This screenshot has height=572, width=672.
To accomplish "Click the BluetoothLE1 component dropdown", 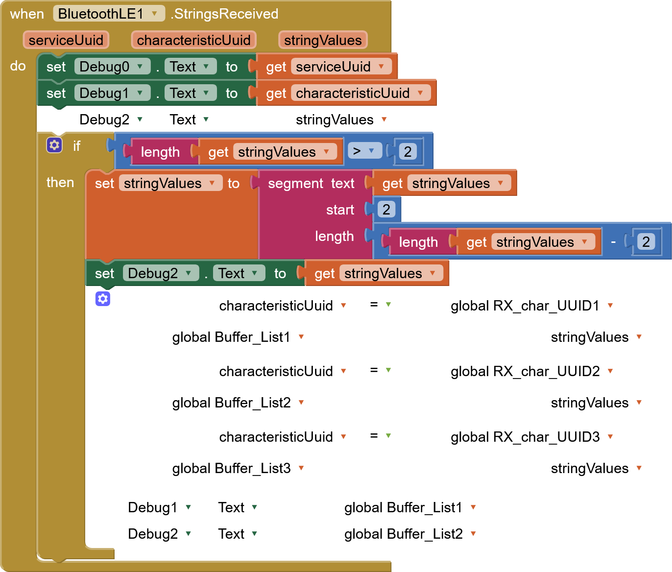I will pyautogui.click(x=108, y=14).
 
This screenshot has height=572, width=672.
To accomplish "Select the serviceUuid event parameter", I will pyautogui.click(x=66, y=40).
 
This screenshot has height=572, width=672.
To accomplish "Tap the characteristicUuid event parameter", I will pyautogui.click(x=193, y=40).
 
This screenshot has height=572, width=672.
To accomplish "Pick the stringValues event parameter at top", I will pyautogui.click(x=323, y=40).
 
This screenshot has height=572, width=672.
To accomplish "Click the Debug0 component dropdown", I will pyautogui.click(x=112, y=67).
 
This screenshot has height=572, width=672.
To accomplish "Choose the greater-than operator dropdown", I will pyautogui.click(x=364, y=151).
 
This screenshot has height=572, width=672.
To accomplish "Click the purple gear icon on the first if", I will pyautogui.click(x=54, y=145).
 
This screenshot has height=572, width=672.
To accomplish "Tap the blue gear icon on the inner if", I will pyautogui.click(x=103, y=299).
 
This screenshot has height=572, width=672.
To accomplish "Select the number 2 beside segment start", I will pyautogui.click(x=386, y=210).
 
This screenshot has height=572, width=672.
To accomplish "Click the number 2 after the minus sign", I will pyautogui.click(x=646, y=241).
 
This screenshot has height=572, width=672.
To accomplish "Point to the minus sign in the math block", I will pyautogui.click(x=613, y=241).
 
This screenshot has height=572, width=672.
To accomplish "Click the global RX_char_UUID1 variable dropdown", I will pyautogui.click(x=533, y=306).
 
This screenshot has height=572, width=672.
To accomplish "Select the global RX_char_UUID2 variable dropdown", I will pyautogui.click(x=533, y=371).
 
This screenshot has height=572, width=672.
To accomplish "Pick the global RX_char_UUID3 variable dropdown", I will pyautogui.click(x=533, y=437).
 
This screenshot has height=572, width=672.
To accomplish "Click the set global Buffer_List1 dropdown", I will pyautogui.click(x=239, y=337).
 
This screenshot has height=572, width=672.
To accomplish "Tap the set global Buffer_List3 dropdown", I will pyautogui.click(x=239, y=468).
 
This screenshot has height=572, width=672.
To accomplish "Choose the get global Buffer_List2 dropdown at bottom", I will pyautogui.click(x=411, y=534).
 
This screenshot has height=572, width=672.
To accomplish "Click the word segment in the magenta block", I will pyautogui.click(x=295, y=183).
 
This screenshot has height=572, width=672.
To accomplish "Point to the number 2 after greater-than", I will pyautogui.click(x=408, y=151).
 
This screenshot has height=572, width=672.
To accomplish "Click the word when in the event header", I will pyautogui.click(x=27, y=14).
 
